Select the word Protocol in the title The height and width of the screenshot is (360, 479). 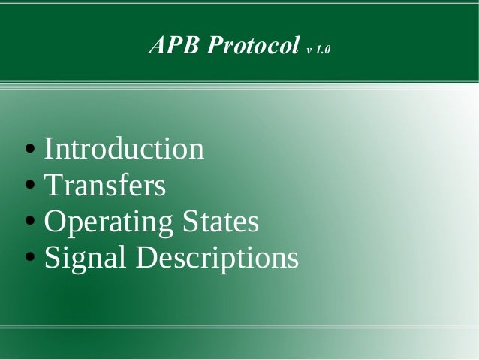pos(253,46)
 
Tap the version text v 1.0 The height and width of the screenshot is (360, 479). pos(318,50)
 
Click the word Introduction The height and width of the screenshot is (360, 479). pos(124,148)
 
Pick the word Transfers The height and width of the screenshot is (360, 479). pos(105,185)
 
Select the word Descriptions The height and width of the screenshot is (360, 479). pos(217,259)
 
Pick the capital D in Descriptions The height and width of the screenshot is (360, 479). pos(147,259)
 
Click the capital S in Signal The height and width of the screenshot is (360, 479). pos(52,259)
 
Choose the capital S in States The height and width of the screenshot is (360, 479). pos(188,222)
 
